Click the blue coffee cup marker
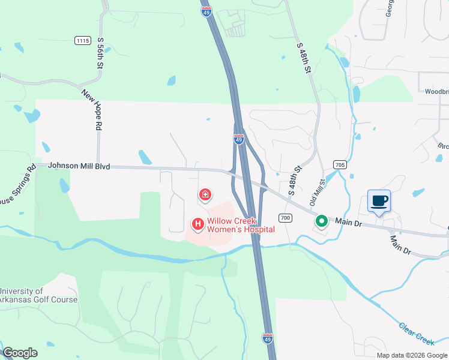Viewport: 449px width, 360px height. click(379, 201)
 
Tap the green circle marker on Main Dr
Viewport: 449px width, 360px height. click(322, 221)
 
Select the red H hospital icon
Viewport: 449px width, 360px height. click(197, 224)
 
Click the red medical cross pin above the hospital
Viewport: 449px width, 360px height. click(205, 194)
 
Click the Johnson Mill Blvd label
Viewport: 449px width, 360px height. click(79, 166)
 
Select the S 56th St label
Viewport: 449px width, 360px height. click(100, 53)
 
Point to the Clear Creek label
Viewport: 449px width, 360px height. click(416, 334)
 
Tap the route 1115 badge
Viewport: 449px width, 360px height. click(83, 40)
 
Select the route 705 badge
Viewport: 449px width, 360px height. click(340, 164)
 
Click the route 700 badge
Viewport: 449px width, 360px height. click(285, 217)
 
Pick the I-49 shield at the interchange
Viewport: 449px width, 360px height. click(239, 140)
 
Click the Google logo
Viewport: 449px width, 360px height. click(20, 353)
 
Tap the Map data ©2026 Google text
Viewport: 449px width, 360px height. click(412, 355)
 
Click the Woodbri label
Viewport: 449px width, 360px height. click(436, 92)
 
